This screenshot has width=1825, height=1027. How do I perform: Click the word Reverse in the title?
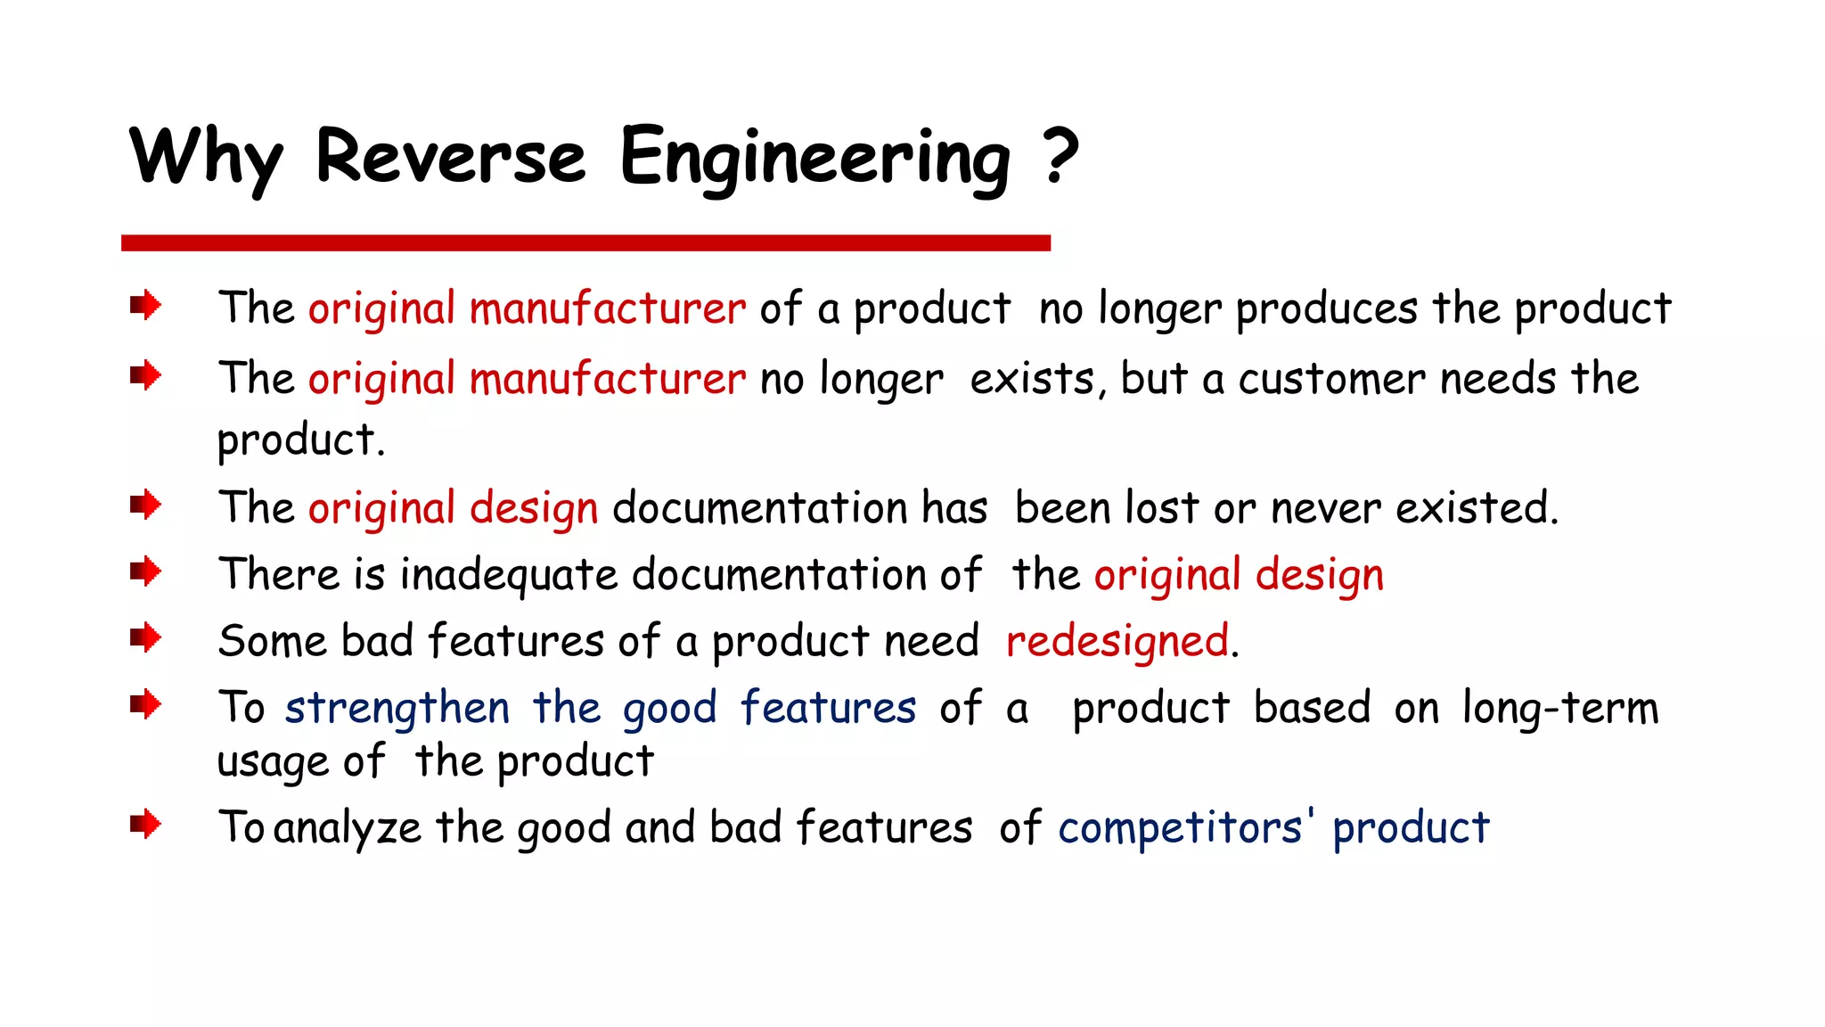click(x=450, y=157)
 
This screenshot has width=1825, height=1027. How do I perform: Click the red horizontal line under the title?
click(x=585, y=242)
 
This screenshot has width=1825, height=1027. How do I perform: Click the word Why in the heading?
click(x=207, y=159)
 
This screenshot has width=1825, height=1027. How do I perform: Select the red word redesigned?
click(x=1117, y=641)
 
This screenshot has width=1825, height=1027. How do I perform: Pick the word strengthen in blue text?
click(x=397, y=709)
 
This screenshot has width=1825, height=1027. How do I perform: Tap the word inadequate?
click(x=508, y=574)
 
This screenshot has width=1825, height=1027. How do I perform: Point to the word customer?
click(x=1331, y=379)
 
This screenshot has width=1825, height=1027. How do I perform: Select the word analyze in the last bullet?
click(x=348, y=828)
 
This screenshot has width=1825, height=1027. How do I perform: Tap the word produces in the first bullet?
click(x=1326, y=309)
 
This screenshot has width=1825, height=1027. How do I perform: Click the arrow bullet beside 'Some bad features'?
click(x=145, y=638)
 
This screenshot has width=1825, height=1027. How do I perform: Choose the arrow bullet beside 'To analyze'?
click(x=145, y=824)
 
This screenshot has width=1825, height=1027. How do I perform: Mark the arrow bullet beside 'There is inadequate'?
click(x=145, y=571)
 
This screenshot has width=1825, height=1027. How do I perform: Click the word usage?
click(x=272, y=763)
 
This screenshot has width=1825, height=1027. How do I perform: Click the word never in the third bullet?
click(x=1325, y=508)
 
